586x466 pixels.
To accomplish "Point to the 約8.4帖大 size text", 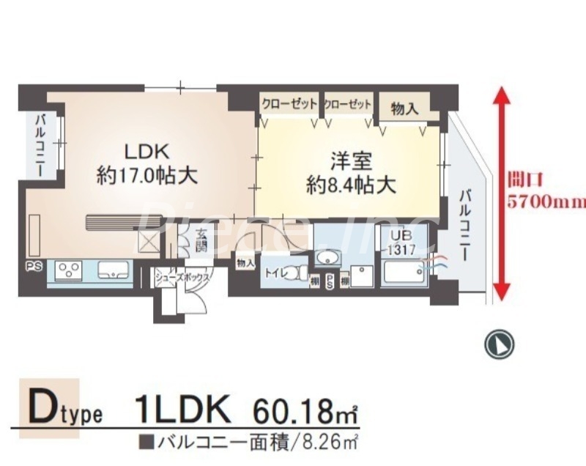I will coord(352,185).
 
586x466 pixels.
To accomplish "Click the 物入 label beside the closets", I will coord(404,108).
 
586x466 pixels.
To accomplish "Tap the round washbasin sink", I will coord(327,257).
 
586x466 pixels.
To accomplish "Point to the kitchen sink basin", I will coord(114,271).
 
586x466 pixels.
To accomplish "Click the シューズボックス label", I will coord(182,278).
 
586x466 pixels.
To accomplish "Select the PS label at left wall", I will coord(34,267).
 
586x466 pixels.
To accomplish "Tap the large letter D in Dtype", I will coord(45,407).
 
